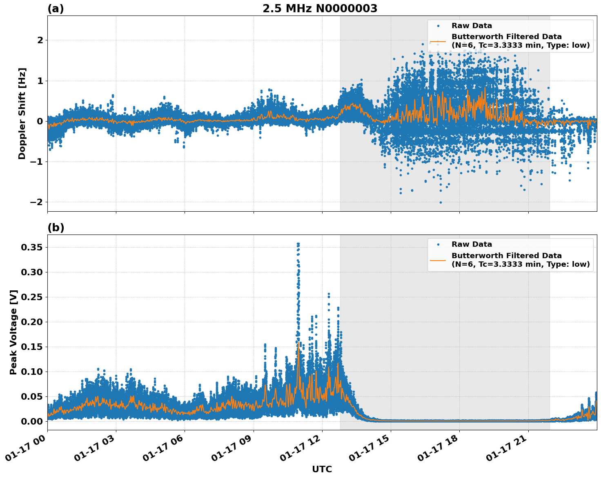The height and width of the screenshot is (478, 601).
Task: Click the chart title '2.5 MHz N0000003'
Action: pyautogui.click(x=320, y=9)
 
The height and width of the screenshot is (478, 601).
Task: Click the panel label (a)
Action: pyautogui.click(x=56, y=9)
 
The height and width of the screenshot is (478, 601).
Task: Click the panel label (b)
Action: pyautogui.click(x=56, y=228)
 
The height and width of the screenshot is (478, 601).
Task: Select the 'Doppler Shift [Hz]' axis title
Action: pyautogui.click(x=22, y=113)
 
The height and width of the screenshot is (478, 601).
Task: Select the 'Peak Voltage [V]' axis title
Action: pyautogui.click(x=13, y=332)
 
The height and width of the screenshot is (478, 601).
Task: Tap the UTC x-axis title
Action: pyautogui.click(x=322, y=469)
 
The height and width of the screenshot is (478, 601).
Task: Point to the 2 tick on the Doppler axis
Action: pyautogui.click(x=40, y=40)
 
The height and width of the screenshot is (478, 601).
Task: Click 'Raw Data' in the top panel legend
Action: pyautogui.click(x=472, y=26)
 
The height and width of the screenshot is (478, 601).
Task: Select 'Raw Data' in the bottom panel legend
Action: pyautogui.click(x=472, y=244)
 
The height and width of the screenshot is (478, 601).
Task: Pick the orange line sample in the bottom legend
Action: pyautogui.click(x=438, y=260)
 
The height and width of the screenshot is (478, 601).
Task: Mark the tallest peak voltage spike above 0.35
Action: pyautogui.click(x=298, y=244)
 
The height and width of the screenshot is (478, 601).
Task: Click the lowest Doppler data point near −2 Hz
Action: pyautogui.click(x=441, y=202)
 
